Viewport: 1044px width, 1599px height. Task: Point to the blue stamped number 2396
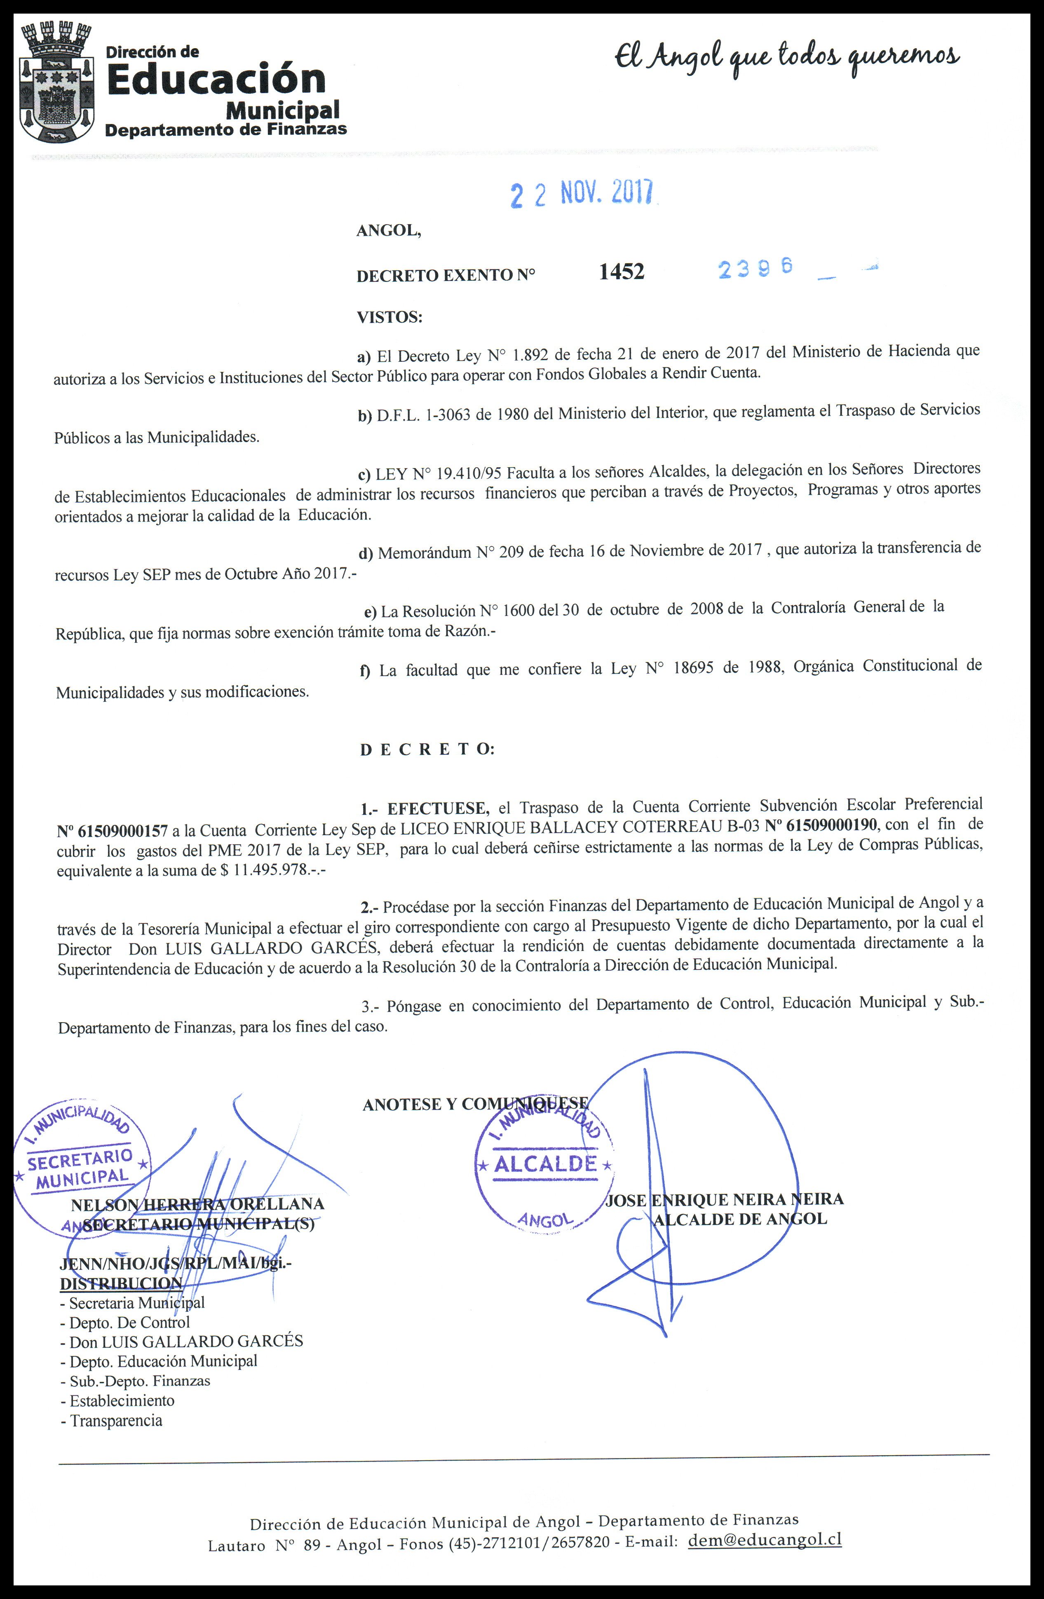coord(755,268)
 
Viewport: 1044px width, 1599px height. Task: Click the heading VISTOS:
coord(389,317)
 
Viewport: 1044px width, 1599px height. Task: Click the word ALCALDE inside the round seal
coord(545,1163)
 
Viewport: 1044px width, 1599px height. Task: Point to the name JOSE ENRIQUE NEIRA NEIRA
coord(725,1199)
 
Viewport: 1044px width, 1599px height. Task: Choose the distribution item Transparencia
coord(116,1420)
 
